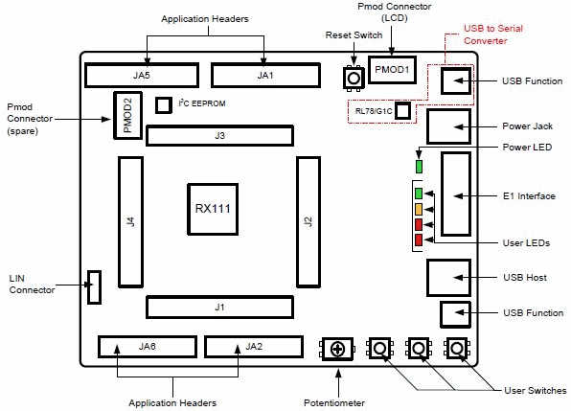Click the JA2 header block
pos(253,346)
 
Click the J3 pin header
pos(219,136)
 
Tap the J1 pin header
pos(219,308)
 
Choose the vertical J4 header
pos(128,221)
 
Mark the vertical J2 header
pos(308,221)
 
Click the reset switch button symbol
pos(354,78)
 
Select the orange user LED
pos(418,209)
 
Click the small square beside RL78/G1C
pos(403,111)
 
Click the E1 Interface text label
pos(529,196)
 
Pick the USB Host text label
pos(525,278)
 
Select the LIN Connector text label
pos(33,283)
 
